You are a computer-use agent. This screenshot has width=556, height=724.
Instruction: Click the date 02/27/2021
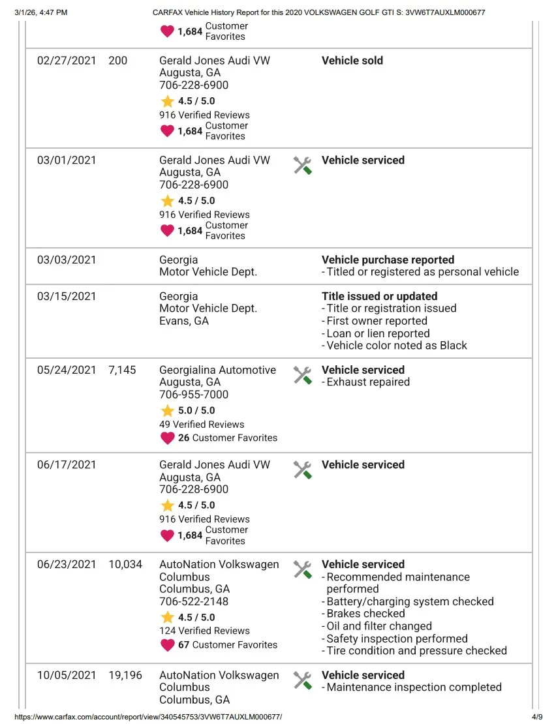click(67, 61)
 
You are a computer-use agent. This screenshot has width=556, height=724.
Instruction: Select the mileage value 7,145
click(122, 370)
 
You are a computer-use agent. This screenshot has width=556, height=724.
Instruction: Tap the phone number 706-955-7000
click(194, 395)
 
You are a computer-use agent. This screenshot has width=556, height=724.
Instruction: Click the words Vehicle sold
click(352, 61)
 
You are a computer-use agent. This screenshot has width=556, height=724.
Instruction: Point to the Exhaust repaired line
click(368, 382)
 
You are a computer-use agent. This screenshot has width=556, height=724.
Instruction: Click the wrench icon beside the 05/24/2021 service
click(302, 375)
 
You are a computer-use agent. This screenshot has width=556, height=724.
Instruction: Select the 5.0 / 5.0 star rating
click(196, 410)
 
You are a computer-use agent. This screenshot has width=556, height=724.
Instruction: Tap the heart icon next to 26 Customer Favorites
click(168, 438)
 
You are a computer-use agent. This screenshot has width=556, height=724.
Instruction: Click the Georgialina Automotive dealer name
click(217, 370)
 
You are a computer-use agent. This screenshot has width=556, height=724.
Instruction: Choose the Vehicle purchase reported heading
click(388, 260)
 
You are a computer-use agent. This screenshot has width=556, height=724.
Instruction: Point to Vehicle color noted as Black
click(397, 346)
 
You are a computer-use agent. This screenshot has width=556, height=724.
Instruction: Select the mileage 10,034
click(125, 564)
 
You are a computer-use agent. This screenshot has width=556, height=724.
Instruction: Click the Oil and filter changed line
click(379, 626)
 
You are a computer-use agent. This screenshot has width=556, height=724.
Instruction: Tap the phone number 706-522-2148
click(194, 601)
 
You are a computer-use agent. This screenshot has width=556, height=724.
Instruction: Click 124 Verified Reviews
click(204, 631)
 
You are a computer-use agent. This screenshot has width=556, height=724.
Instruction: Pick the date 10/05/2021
click(67, 675)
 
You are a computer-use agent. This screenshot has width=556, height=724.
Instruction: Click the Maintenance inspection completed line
click(414, 687)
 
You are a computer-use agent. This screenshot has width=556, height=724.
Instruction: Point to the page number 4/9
click(537, 717)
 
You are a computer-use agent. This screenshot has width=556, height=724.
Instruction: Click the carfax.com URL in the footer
click(148, 717)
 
